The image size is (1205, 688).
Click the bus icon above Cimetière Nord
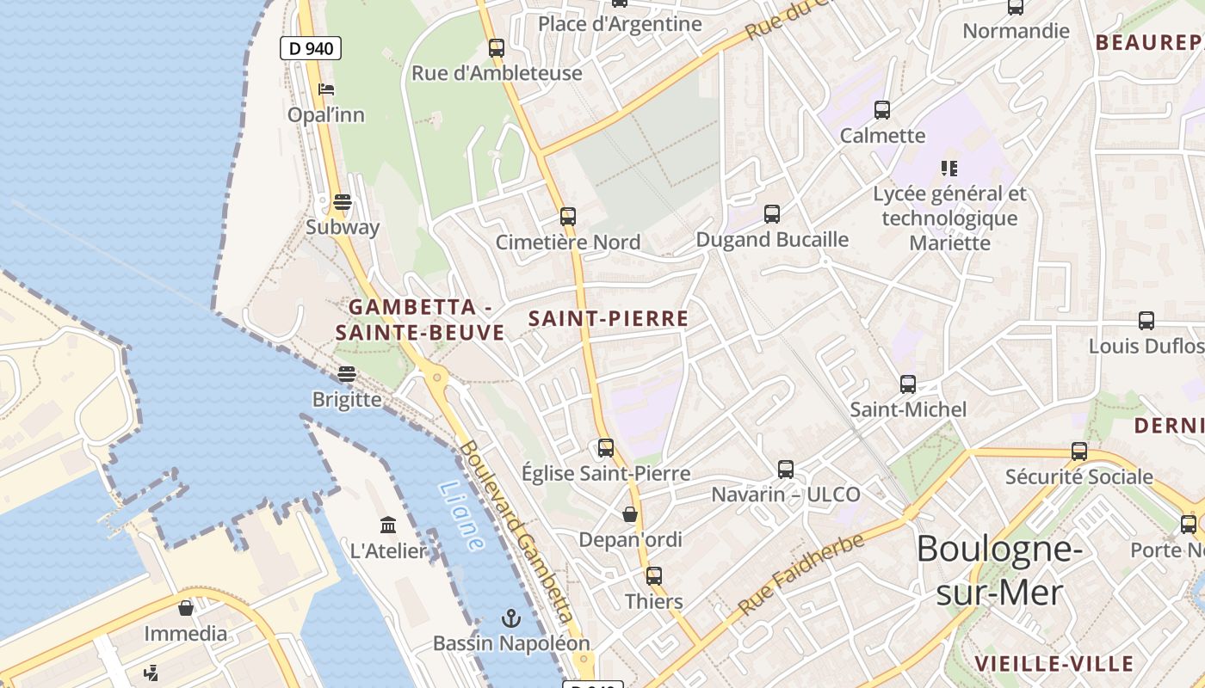click(567, 216)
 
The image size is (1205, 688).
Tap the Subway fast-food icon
click(343, 203)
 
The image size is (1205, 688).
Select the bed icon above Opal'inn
click(326, 89)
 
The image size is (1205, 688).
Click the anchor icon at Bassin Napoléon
click(511, 618)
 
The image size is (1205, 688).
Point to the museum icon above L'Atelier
click(388, 525)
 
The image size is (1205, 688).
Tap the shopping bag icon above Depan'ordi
click(630, 514)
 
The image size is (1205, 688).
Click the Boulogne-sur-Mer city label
click(998, 570)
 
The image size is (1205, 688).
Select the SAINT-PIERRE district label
click(609, 318)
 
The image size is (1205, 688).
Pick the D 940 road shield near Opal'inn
click(311, 48)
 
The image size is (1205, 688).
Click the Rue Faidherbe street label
click(800, 574)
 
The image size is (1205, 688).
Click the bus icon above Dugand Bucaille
click(772, 213)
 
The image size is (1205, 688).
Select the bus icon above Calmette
click(882, 110)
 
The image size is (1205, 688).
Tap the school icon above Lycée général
click(949, 169)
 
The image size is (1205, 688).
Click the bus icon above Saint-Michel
click(908, 384)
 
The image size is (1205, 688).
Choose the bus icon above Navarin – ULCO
click(786, 469)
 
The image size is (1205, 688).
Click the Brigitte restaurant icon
click(347, 374)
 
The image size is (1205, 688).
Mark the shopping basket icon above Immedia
click(186, 608)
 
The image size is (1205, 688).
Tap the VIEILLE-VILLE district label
click(1054, 663)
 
